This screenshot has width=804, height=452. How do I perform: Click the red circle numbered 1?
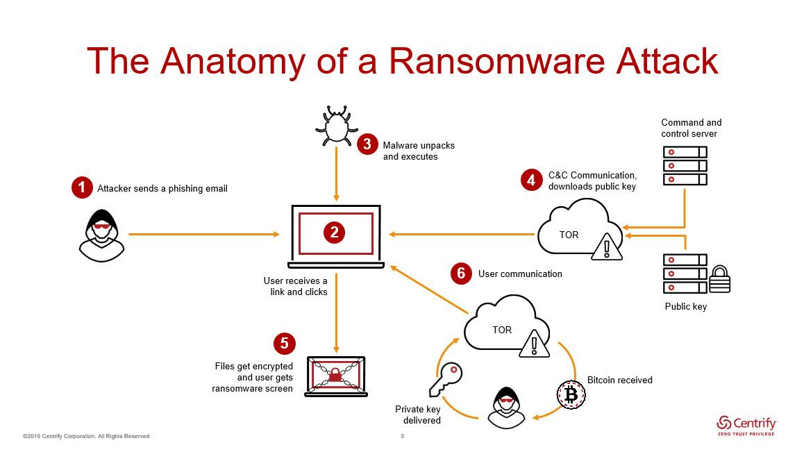click(82, 187)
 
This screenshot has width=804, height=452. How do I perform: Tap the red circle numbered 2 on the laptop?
click(334, 233)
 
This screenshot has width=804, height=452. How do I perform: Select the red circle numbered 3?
click(367, 144)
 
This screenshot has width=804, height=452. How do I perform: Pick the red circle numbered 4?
click(531, 180)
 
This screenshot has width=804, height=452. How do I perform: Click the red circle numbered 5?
click(284, 344)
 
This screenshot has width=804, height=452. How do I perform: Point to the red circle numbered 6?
click(460, 274)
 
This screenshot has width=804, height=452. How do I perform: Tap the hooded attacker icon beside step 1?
click(101, 235)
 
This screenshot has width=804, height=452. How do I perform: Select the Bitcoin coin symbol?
click(571, 395)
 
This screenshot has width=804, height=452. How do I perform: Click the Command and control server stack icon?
click(685, 165)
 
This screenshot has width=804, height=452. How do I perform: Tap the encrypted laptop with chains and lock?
click(336, 376)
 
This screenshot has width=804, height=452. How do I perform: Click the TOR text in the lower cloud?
click(502, 330)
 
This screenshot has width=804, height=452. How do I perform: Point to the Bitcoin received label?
click(619, 380)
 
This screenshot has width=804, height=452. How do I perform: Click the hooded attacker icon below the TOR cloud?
click(505, 408)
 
